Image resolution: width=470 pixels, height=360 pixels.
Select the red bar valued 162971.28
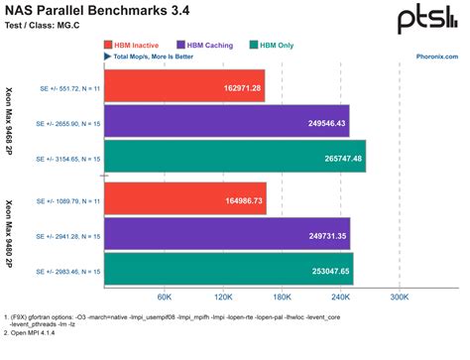(x=182, y=87)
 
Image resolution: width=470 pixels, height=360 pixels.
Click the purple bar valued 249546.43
(x=225, y=122)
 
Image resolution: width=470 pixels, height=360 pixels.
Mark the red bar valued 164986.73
(x=183, y=199)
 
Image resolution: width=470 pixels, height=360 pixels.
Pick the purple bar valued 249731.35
(x=225, y=234)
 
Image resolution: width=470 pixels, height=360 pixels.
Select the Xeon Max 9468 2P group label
(x=9, y=122)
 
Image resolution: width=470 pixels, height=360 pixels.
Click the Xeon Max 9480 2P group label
(x=9, y=234)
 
